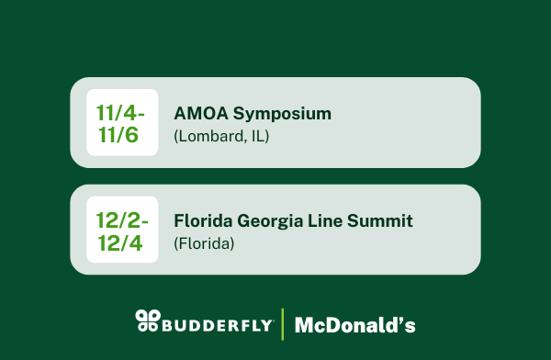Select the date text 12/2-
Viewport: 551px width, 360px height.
tap(121, 219)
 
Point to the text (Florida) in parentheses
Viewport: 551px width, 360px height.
tap(204, 244)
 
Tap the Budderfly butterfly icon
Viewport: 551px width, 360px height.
tap(147, 320)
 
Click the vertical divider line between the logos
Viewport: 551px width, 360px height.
tap(282, 322)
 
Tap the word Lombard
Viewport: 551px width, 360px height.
tap(212, 137)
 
